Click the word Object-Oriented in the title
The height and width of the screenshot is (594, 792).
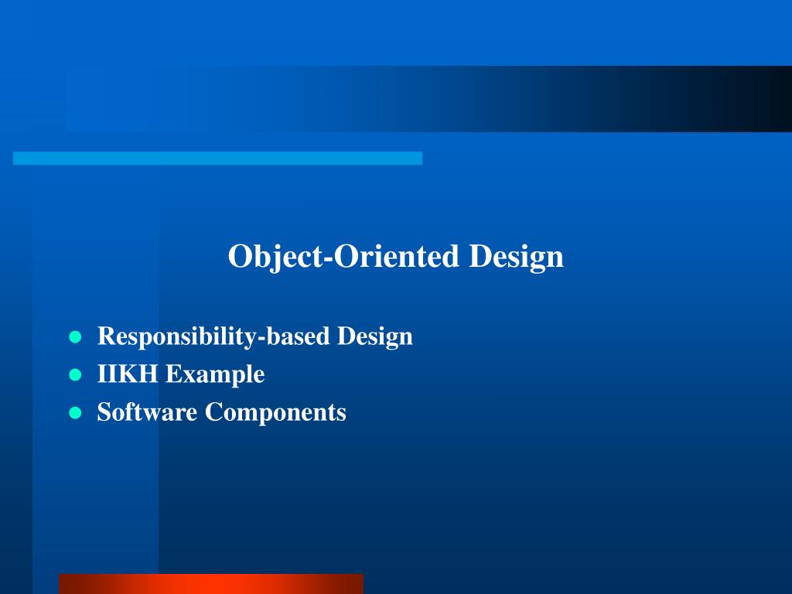pos(343,257)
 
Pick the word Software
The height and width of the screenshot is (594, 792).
pos(147,411)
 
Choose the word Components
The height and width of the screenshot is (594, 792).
pos(275,413)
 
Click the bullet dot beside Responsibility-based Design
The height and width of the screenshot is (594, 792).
pos(75,337)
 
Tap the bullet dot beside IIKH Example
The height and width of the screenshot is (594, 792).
pos(75,375)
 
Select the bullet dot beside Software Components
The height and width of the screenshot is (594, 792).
pos(75,413)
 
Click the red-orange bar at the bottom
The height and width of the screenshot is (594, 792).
pos(211,584)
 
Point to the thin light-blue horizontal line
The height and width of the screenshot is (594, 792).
pos(217,158)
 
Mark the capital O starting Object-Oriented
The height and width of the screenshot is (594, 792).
pos(240,256)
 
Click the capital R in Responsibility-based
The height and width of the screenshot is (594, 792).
pos(107,336)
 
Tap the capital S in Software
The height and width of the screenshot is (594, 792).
pos(104,411)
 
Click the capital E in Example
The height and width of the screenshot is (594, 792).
pos(173,374)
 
